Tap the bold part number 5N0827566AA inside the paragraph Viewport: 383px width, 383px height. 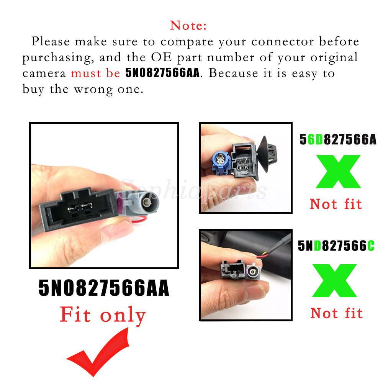click(162, 73)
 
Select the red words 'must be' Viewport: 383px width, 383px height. click(95, 73)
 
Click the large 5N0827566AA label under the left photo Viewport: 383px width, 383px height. click(104, 288)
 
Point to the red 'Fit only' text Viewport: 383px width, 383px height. click(103, 315)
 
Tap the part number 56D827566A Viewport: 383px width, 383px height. click(338, 139)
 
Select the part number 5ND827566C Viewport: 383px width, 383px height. click(336, 246)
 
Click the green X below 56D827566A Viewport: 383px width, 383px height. click(338, 172)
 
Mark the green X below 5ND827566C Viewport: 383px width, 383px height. click(335, 281)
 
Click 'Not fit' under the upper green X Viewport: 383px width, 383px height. click(336, 204)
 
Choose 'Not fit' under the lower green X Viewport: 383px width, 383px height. click(337, 313)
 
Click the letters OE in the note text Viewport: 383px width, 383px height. click(161, 57)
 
